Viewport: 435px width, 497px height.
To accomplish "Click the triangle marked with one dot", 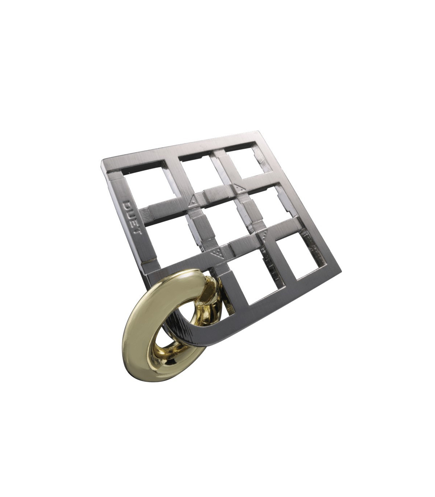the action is click(x=194, y=201).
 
